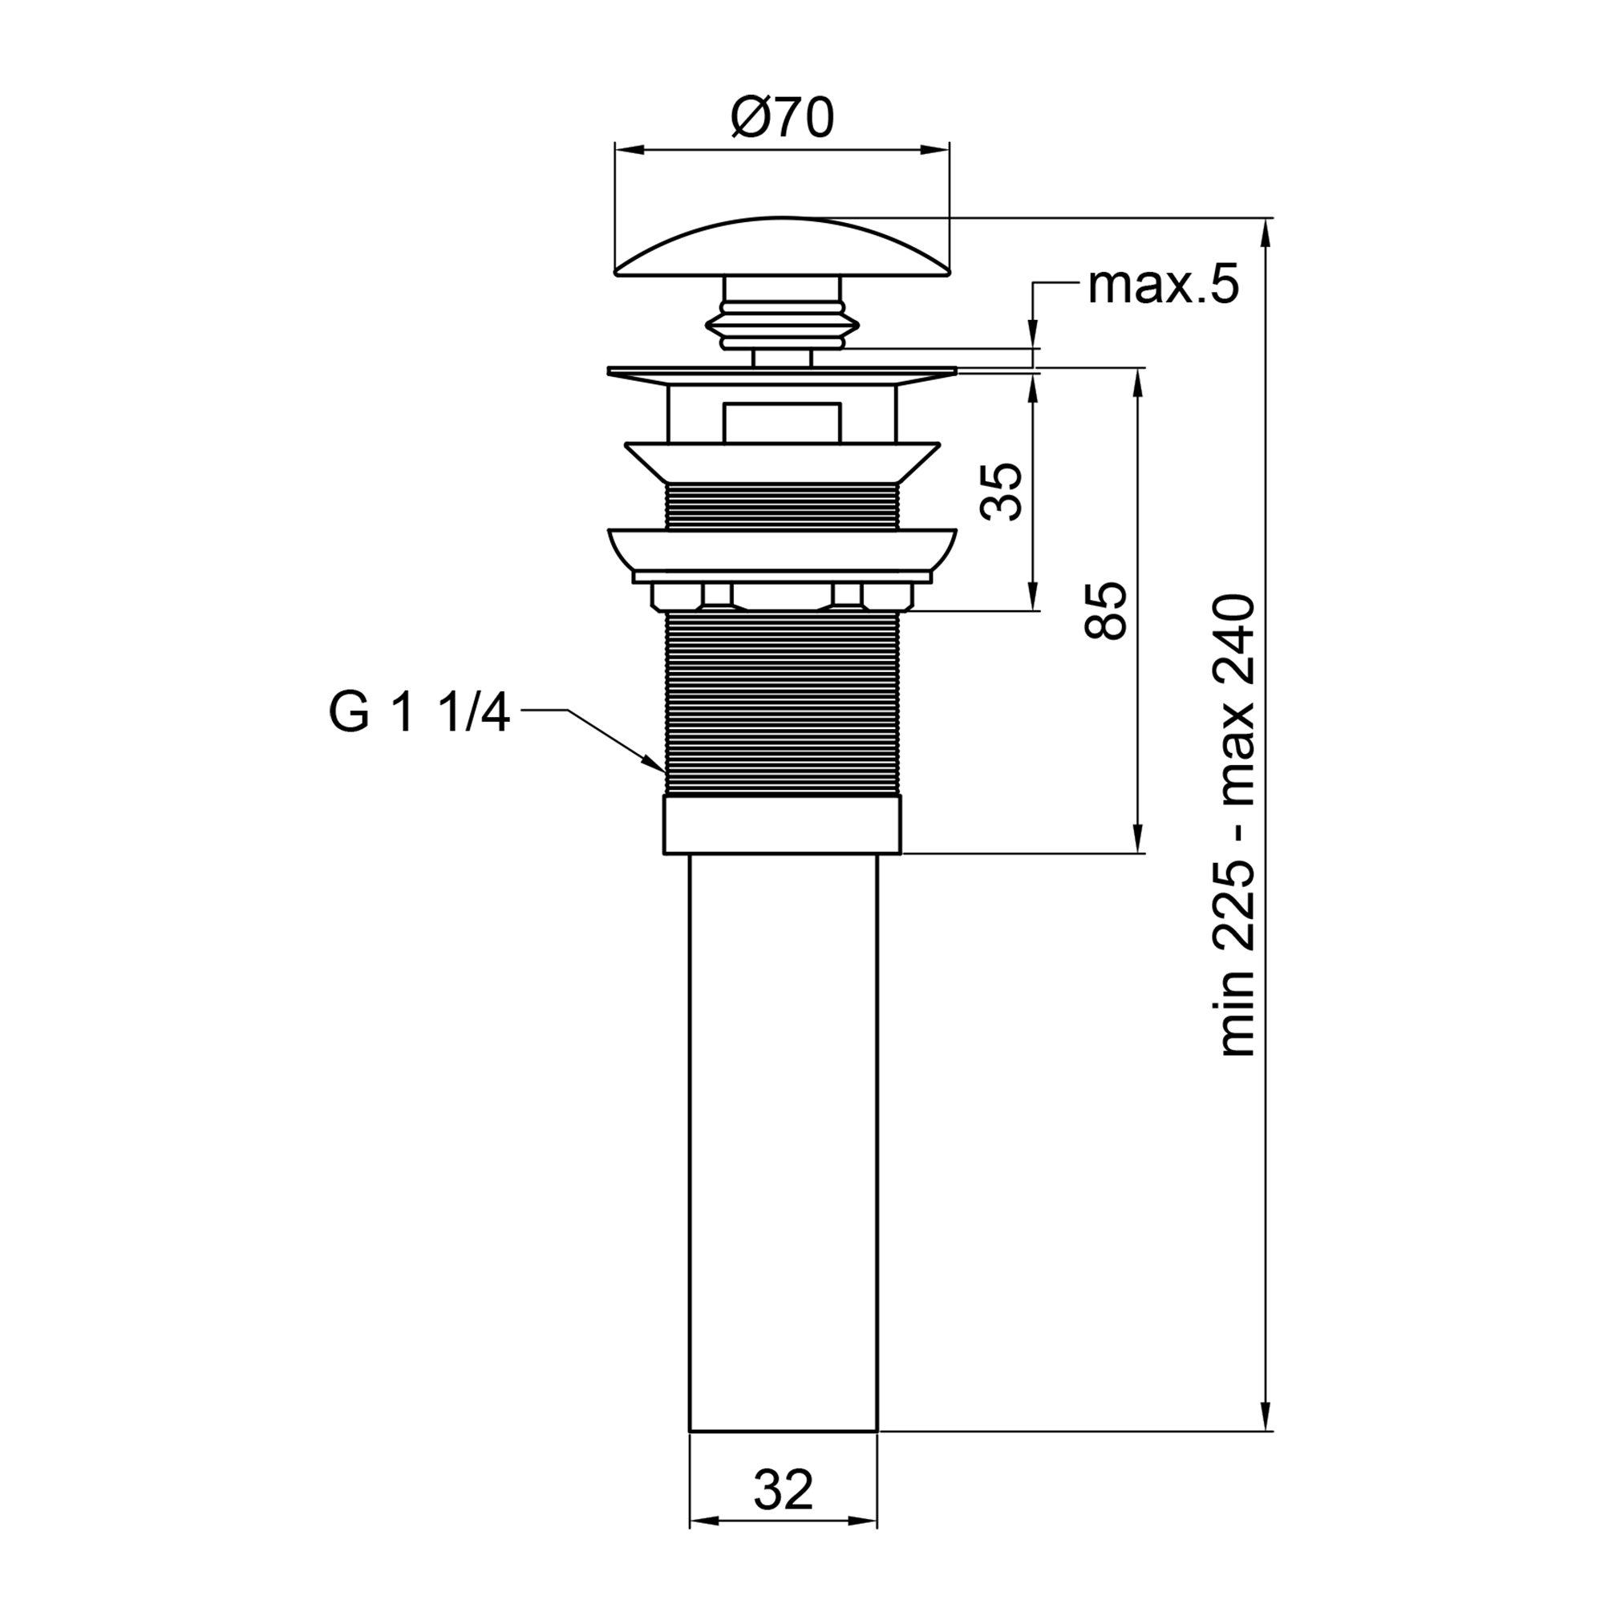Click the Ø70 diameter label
[781, 119]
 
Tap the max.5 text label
[1162, 286]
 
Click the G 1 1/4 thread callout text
[419, 713]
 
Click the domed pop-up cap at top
[781, 249]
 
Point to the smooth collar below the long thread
[781, 824]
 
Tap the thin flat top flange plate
[781, 371]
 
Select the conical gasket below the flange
[781, 462]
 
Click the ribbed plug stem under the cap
[781, 325]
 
